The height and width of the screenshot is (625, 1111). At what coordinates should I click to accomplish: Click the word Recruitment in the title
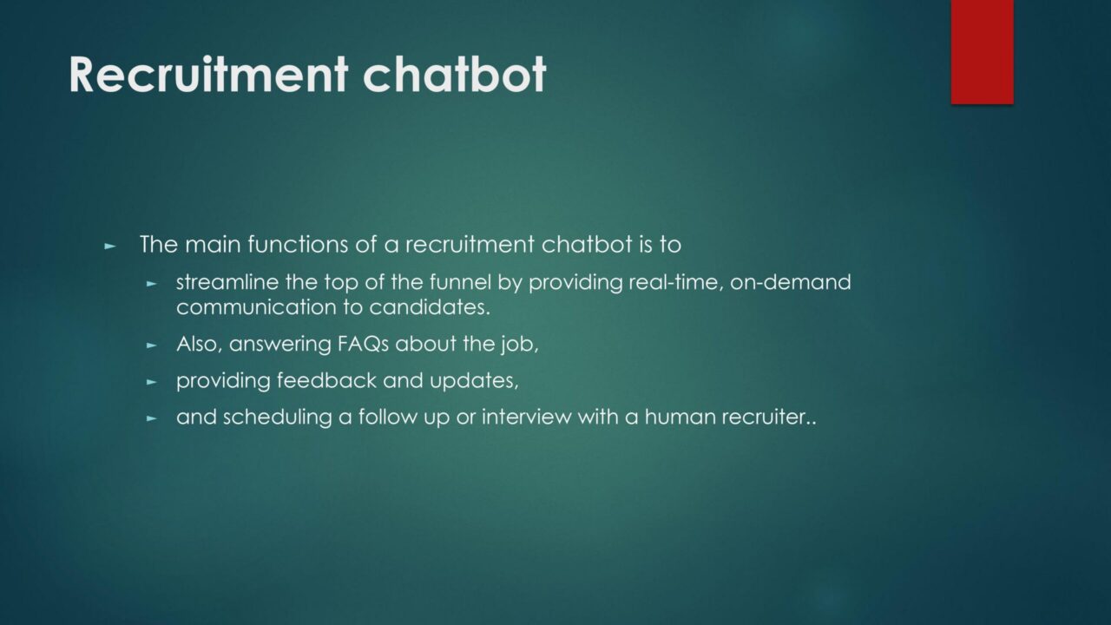pos(208,75)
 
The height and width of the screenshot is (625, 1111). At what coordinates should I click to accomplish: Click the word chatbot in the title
pos(454,75)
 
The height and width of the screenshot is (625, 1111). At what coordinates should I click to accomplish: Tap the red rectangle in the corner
pos(982,52)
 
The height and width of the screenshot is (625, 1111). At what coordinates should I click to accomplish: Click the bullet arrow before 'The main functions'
pos(110,246)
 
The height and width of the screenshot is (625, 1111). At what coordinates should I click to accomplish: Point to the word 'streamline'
pos(227,282)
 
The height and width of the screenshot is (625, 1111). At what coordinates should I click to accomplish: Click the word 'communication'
pos(256,307)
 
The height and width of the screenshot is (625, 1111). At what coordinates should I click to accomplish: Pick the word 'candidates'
pos(430,307)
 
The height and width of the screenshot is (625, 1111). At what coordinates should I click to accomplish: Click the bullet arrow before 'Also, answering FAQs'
pos(152,345)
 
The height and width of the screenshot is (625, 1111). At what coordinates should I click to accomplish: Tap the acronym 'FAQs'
pos(363,344)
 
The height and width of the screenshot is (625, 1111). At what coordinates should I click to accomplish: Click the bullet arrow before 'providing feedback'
pos(152,382)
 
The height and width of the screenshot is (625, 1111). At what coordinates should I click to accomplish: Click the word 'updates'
pos(474,381)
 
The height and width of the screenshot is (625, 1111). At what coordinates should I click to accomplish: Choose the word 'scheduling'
pos(277,417)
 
